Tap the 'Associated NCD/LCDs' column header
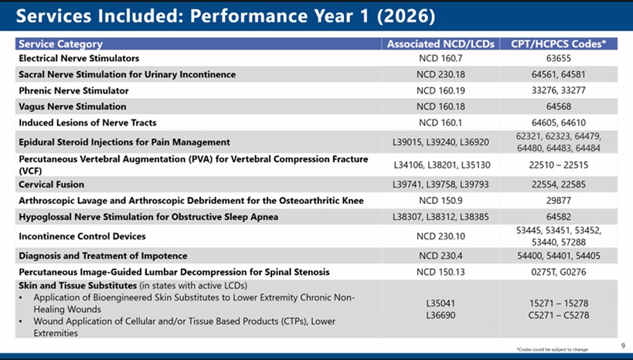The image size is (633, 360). click(x=438, y=44)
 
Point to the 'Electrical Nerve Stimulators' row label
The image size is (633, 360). click(x=79, y=58)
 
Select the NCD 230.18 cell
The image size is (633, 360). click(x=438, y=74)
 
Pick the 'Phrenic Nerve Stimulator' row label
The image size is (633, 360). click(x=72, y=90)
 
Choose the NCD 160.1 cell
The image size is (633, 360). click(x=438, y=123)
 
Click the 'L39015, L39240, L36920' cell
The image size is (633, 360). click(x=438, y=142)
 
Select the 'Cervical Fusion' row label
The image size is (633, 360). click(x=51, y=185)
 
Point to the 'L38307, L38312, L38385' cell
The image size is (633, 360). click(x=438, y=217)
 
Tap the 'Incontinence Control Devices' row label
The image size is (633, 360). click(x=82, y=236)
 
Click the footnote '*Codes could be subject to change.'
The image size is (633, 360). click(x=553, y=349)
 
